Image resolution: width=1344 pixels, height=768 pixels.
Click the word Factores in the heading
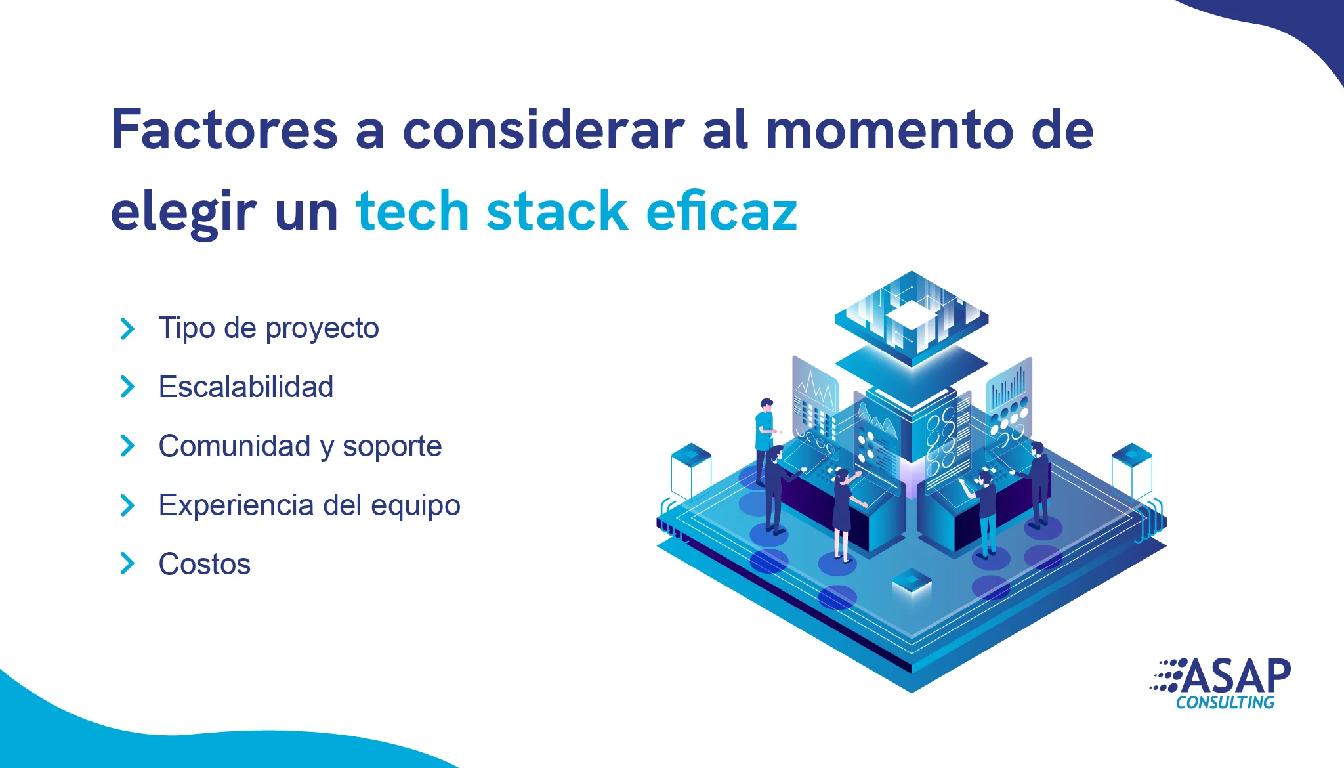coord(224,129)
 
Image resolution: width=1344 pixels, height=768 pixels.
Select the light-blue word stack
coord(556,211)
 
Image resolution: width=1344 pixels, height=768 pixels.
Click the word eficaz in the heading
coord(721,211)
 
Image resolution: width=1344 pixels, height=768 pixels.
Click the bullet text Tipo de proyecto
coord(269,328)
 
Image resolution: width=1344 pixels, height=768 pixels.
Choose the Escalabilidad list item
coord(246,387)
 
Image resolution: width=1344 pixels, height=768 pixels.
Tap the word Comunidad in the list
coord(235,446)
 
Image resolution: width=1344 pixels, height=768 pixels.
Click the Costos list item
coord(205,565)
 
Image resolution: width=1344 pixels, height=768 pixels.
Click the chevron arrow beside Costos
coord(127,563)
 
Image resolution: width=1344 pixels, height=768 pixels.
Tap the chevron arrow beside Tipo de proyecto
coord(127,328)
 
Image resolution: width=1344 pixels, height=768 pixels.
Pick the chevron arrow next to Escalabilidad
coord(127,387)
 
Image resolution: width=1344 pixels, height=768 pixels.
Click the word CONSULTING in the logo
coord(1225,702)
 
